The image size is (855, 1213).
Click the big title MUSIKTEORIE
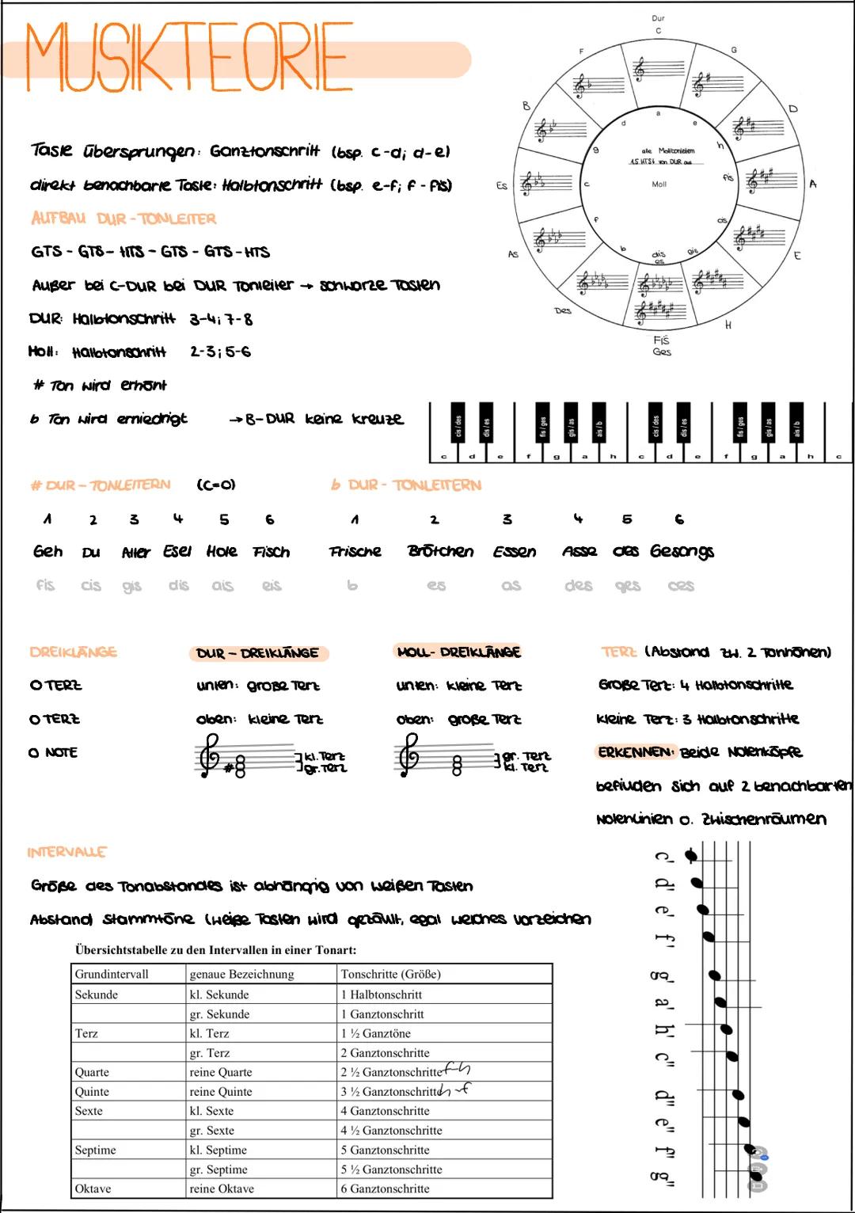[x=188, y=57]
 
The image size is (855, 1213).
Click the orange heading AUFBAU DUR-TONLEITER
[x=123, y=219]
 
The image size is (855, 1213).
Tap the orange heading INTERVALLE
[x=66, y=853]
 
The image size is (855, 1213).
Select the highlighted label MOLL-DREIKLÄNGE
[x=458, y=652]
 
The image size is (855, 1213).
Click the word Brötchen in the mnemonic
[x=440, y=551]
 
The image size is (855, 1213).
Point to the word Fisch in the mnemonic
[x=271, y=552]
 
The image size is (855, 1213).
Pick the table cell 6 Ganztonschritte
[x=385, y=1188]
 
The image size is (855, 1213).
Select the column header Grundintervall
[x=112, y=974]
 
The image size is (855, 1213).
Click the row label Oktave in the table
[x=93, y=1188]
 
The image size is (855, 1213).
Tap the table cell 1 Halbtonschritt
[x=381, y=994]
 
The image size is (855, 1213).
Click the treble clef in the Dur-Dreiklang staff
[x=209, y=756]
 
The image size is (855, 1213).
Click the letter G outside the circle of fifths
[x=734, y=50]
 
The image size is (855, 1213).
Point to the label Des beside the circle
[x=563, y=311]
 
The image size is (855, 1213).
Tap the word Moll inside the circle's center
[x=659, y=184]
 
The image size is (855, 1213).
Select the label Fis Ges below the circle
[x=662, y=346]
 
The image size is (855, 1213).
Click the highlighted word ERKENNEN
[x=636, y=752]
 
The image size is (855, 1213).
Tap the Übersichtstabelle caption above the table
[x=215, y=949]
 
